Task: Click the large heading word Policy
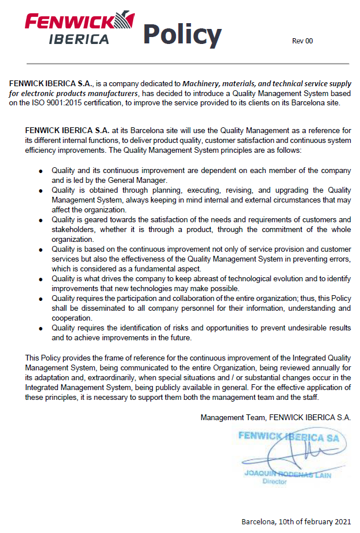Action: (x=182, y=34)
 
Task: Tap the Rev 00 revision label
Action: (x=302, y=41)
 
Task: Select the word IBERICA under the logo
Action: (x=79, y=39)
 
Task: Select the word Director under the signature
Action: (x=274, y=481)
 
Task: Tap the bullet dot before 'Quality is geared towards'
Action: (x=41, y=220)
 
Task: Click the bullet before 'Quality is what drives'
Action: (x=41, y=279)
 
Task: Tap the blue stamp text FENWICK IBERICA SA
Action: (x=289, y=436)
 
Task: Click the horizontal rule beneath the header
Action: (x=180, y=63)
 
